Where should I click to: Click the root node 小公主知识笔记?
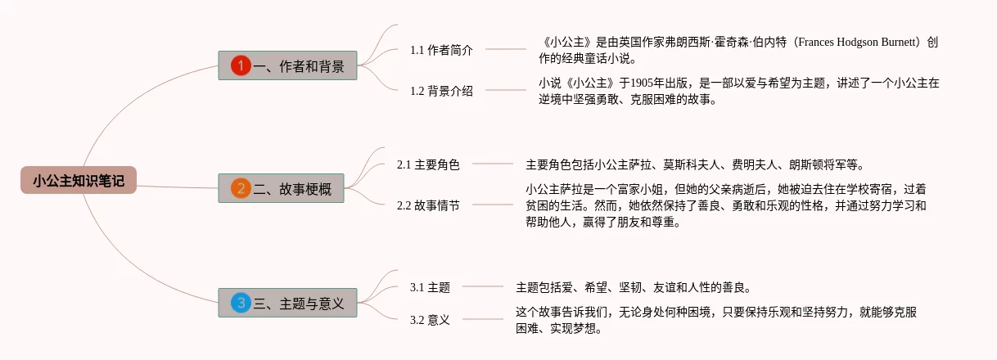79,180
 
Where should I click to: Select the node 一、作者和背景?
287,65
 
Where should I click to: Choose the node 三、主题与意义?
287,303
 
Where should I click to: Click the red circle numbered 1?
240,65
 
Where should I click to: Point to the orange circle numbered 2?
240,189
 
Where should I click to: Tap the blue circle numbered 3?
240,303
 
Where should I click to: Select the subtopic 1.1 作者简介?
441,50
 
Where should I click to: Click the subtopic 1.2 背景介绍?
441,91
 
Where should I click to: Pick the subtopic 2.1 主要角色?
428,164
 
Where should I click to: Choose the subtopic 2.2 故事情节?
428,205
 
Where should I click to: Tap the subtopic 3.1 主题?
430,287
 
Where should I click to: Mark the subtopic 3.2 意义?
430,320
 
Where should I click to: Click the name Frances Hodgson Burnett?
859,43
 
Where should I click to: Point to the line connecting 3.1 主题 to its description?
483,287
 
